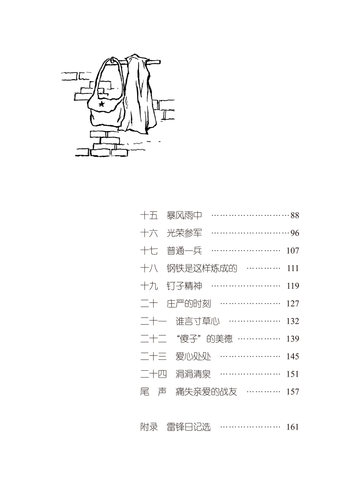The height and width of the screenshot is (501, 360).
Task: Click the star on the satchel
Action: (x=102, y=104)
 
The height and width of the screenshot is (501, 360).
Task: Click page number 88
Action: (x=294, y=215)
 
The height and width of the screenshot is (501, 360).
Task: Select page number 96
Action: (x=294, y=233)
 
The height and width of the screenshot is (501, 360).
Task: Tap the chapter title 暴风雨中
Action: (x=184, y=215)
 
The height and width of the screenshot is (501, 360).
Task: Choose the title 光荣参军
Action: (x=184, y=233)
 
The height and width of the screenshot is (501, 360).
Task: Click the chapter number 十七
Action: (x=149, y=250)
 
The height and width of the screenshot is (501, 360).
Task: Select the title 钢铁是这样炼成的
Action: (x=202, y=268)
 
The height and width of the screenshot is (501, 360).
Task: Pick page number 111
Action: (x=293, y=268)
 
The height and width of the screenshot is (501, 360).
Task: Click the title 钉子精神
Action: (x=184, y=286)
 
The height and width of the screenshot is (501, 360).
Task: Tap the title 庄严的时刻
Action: (x=189, y=303)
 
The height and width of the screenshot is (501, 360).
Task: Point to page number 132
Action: (x=293, y=321)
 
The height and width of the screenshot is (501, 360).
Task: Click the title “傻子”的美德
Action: (x=204, y=339)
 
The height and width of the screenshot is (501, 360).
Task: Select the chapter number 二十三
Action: (x=154, y=356)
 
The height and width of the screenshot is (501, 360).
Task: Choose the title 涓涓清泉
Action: (x=193, y=374)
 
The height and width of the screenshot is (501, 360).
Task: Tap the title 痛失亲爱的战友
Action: (x=206, y=391)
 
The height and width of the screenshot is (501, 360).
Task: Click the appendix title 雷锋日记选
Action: (x=189, y=427)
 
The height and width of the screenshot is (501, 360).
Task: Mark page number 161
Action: (x=293, y=427)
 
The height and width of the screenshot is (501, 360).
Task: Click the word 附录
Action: (x=149, y=427)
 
